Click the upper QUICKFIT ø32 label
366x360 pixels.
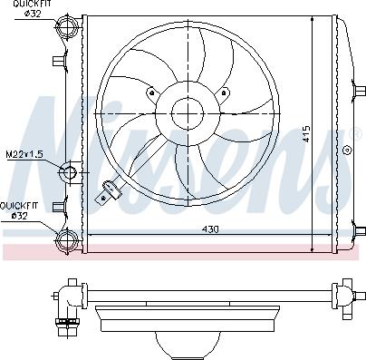(19, 10)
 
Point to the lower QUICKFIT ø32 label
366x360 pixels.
(19, 210)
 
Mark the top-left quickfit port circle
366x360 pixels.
(67, 28)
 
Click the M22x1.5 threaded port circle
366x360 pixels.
(70, 171)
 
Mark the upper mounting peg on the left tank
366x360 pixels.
(59, 63)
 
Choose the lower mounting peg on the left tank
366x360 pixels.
(59, 205)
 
